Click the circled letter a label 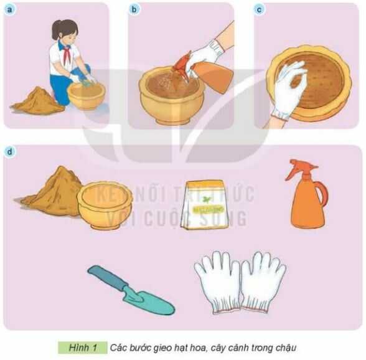pyautogui.click(x=9, y=9)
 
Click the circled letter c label pyautogui.click(x=259, y=9)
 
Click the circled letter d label pyautogui.click(x=9, y=151)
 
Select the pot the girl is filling pyautogui.click(x=86, y=95)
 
